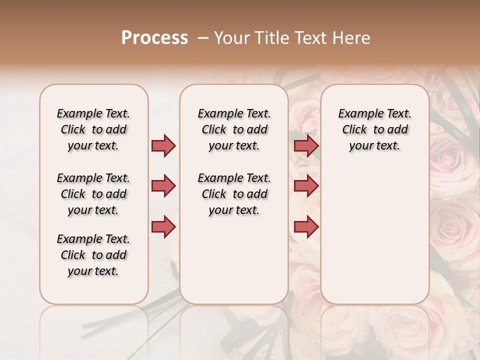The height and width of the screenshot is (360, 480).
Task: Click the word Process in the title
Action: point(154,38)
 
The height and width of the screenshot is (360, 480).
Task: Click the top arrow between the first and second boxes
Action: point(163,145)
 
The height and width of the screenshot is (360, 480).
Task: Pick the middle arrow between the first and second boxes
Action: point(163,186)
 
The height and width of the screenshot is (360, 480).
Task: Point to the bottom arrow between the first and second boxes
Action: point(163,226)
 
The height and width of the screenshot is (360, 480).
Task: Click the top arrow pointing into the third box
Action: point(306,145)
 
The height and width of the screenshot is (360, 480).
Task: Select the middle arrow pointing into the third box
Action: point(306,186)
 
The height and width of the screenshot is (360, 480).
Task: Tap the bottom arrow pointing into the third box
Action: point(306,226)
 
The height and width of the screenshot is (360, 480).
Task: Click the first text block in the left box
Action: point(93,129)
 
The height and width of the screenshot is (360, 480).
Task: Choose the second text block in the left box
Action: point(93,194)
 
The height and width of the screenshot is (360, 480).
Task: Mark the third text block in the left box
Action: point(93,255)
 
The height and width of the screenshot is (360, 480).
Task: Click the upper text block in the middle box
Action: point(234,129)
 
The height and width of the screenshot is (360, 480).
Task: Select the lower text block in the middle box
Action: point(234,194)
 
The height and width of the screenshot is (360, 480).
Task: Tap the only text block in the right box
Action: point(375,129)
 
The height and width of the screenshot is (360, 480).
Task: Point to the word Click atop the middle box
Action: point(214,130)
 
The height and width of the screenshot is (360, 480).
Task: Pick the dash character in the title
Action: point(203,38)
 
